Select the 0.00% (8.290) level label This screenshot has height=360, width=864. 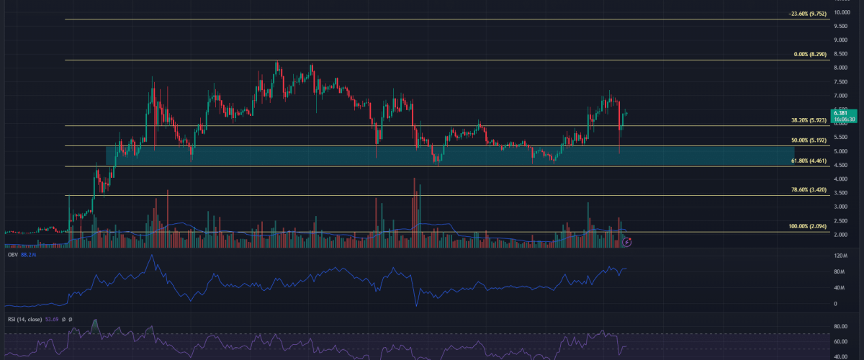tap(804, 54)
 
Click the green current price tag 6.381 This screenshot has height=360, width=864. tap(841, 112)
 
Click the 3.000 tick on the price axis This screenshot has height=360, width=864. tap(841, 207)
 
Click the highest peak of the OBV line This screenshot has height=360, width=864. tap(151, 256)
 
